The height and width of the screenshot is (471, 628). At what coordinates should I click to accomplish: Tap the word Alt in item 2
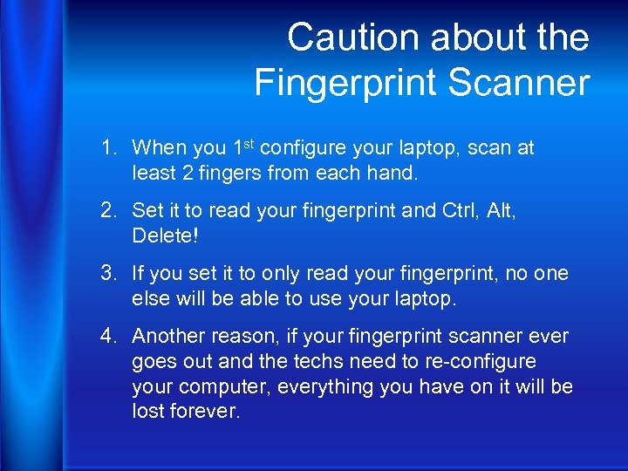point(500,210)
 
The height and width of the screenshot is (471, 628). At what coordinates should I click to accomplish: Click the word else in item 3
point(151,298)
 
